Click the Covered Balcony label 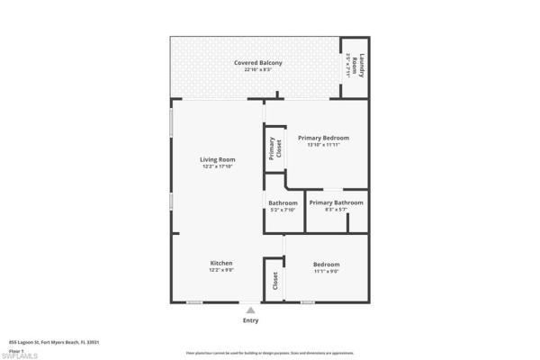point(258,62)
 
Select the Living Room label point(218,159)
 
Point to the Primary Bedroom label point(323,138)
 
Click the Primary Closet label point(274,149)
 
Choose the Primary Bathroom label point(336,202)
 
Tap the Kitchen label point(220,263)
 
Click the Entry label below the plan point(250,320)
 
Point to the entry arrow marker point(250,309)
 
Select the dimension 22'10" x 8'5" point(258,70)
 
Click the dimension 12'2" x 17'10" point(218,166)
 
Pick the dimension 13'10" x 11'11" point(323,145)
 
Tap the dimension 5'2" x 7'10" point(283,210)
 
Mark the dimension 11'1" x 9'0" point(326,271)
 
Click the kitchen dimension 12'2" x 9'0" point(220,270)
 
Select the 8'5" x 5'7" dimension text point(336,210)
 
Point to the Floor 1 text point(16,349)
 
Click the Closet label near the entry point(274,281)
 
